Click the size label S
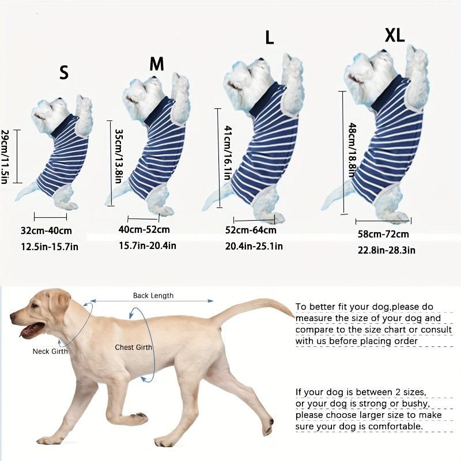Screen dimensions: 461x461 tap(63, 73)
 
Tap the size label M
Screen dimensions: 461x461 tap(157, 64)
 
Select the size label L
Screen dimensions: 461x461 tap(269, 38)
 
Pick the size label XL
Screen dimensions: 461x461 tap(395, 35)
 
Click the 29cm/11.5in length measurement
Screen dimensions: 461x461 tap(5, 157)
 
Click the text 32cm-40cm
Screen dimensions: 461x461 tap(46, 231)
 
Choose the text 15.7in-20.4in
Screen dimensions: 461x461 tap(148, 245)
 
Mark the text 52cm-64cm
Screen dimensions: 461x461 tap(251, 231)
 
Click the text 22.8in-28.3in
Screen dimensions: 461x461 tap(386, 250)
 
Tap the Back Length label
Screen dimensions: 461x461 tap(153, 296)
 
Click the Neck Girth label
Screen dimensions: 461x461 tap(50, 351)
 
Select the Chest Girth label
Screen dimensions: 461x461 tap(133, 347)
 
